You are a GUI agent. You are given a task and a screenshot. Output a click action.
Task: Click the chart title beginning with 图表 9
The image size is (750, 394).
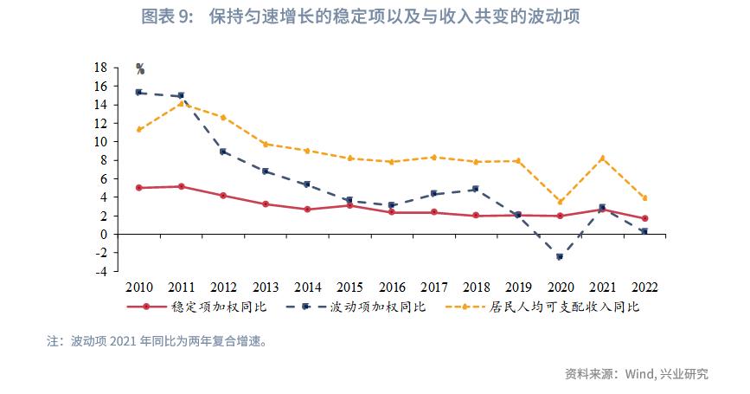click(x=375, y=17)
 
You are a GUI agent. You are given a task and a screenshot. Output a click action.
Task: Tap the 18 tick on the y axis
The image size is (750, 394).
click(x=100, y=68)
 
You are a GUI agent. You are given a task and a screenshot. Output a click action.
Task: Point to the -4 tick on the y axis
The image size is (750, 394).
click(x=100, y=271)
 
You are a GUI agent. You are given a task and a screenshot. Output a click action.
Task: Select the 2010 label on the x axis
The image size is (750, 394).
click(x=139, y=287)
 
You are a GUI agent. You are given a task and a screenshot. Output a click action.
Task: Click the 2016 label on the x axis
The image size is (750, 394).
click(x=392, y=287)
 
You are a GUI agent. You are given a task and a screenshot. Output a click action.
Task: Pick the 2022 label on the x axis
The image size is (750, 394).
click(x=644, y=287)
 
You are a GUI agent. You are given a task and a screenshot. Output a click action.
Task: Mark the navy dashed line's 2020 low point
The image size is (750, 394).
click(x=560, y=257)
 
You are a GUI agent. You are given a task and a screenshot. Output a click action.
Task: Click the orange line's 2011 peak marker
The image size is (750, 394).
click(x=181, y=104)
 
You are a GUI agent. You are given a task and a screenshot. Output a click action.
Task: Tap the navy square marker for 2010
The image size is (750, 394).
click(x=139, y=92)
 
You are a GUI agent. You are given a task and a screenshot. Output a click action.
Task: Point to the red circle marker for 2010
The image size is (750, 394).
click(x=139, y=187)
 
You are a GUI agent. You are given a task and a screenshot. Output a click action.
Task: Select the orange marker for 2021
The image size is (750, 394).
click(x=602, y=158)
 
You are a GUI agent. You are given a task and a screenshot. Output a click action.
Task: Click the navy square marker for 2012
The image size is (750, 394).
click(x=223, y=152)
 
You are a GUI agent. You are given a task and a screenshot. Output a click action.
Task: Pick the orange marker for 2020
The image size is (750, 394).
click(x=560, y=202)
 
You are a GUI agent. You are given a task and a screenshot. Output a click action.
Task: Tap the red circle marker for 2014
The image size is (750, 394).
click(x=307, y=209)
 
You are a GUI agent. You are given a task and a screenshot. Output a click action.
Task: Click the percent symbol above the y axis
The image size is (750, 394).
click(x=140, y=69)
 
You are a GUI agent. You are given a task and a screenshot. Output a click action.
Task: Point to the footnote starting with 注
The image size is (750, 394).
click(x=157, y=341)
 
